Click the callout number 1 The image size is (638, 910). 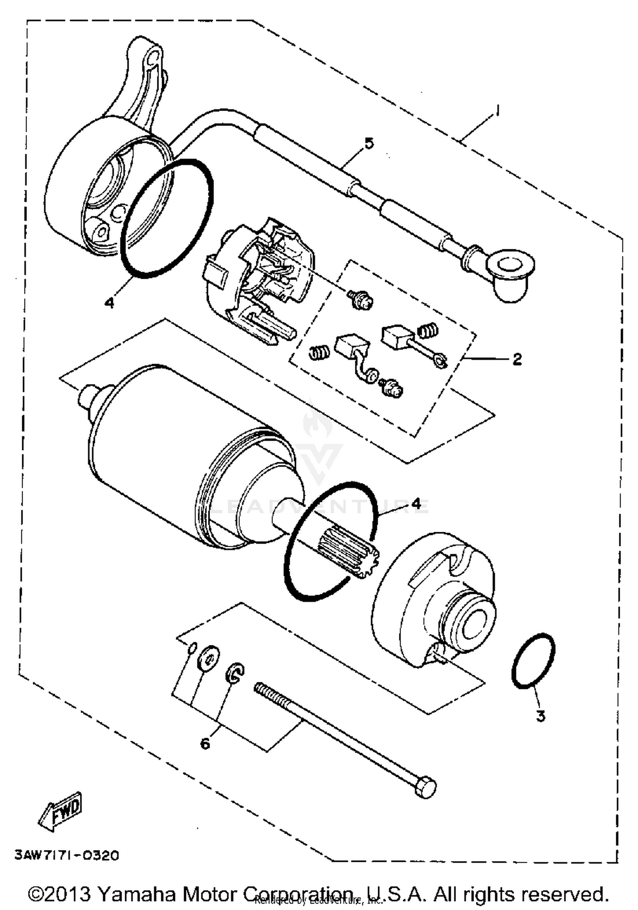click(496, 111)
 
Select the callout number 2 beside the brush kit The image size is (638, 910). click(517, 359)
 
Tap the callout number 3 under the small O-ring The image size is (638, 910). click(540, 716)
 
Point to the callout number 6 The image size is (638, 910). click(205, 744)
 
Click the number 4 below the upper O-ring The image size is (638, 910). click(109, 303)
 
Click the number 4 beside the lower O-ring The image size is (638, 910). click(416, 504)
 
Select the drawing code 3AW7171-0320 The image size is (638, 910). click(67, 855)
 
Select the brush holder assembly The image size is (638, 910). click(259, 281)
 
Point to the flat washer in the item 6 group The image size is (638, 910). click(208, 659)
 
